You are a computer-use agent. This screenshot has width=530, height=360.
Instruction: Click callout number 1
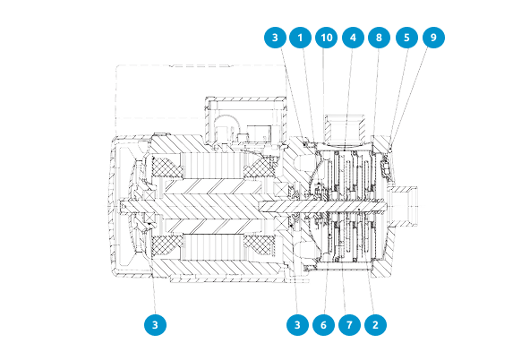[300, 38]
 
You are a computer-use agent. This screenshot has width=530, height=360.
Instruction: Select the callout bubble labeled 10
[326, 38]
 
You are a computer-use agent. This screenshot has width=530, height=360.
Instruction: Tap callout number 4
[353, 38]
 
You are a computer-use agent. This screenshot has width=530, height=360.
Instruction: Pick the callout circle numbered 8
[380, 38]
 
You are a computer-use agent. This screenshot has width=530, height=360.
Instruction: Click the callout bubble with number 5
[406, 38]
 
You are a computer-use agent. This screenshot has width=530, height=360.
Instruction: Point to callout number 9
[433, 38]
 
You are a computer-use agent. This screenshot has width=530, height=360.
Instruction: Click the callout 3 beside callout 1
[275, 38]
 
